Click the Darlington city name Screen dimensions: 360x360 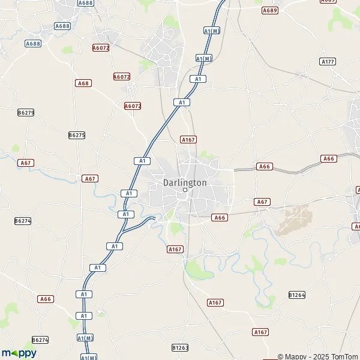[185, 182]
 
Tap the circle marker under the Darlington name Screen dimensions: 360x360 [185, 190]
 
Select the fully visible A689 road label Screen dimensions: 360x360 [271, 10]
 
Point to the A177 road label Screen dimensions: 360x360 [328, 62]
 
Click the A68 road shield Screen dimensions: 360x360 [83, 83]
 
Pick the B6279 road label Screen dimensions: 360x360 [26, 112]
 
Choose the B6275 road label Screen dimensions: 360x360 [77, 135]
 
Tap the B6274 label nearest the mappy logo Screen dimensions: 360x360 [40, 340]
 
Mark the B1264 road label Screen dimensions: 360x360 [297, 295]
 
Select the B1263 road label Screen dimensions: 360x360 [180, 347]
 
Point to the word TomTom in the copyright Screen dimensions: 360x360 [346, 356]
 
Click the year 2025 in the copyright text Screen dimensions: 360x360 [321, 356]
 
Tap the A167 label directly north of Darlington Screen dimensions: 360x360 [188, 139]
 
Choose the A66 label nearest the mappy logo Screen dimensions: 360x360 [46, 299]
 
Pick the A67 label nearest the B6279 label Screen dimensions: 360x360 [26, 163]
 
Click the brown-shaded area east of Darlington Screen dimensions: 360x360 [293, 219]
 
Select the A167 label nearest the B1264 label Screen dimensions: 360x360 [260, 332]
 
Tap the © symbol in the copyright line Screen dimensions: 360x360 [280, 356]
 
